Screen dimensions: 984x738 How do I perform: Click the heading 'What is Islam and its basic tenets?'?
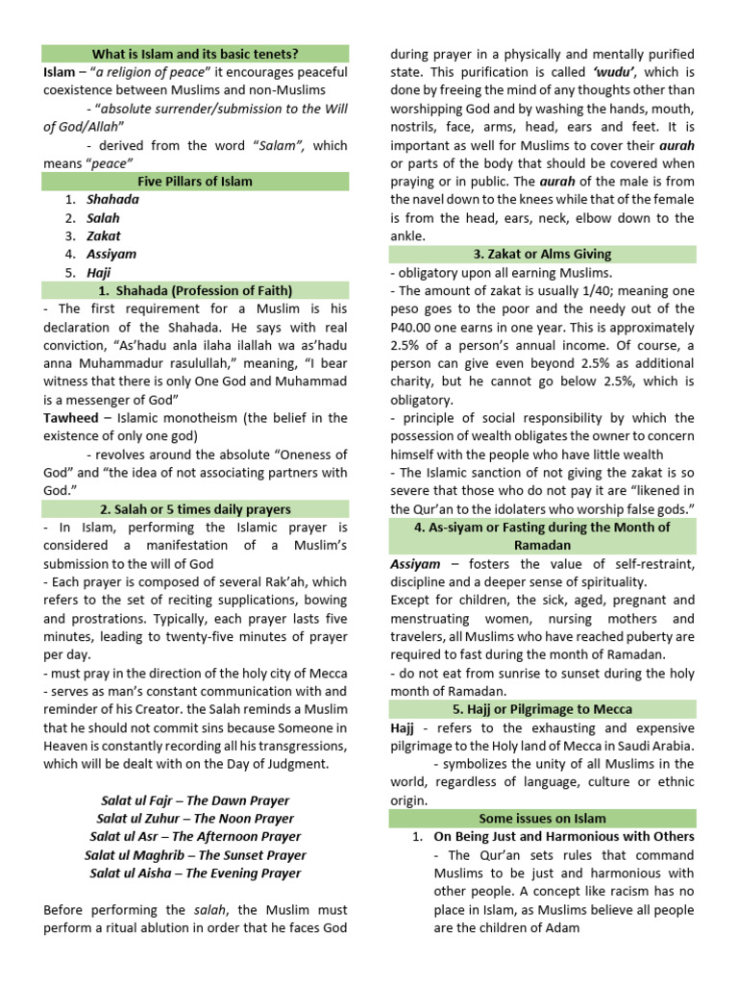[x=195, y=54]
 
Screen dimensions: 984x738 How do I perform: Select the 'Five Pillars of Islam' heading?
[x=195, y=181]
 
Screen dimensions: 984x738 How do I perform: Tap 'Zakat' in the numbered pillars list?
[x=104, y=235]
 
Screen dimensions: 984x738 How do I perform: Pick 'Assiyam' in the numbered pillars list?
[x=111, y=254]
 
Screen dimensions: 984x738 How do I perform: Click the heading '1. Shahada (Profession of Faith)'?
[x=195, y=290]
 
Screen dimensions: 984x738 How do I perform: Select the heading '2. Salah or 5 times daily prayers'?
[x=195, y=508]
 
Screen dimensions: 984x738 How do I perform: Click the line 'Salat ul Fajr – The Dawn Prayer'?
[x=195, y=799]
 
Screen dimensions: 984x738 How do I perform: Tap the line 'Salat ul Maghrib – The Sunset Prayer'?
[x=195, y=854]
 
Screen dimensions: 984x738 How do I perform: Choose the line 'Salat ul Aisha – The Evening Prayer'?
[x=195, y=873]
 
